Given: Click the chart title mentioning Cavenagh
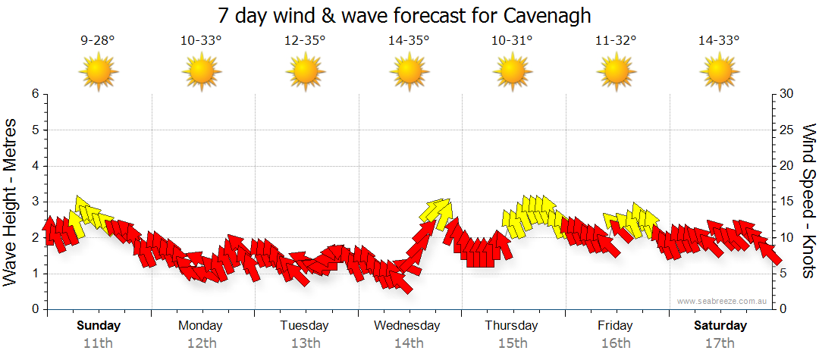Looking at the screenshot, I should point(404,15).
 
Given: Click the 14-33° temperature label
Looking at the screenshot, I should point(719,40).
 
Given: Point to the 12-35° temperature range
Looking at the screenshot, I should point(305,40).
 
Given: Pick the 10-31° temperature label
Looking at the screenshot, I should point(512,40).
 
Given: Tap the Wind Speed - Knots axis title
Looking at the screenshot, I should point(808,201).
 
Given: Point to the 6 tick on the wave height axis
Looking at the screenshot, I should point(35,94).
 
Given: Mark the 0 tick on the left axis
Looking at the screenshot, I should point(35,309).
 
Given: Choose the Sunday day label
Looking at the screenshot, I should point(99,326).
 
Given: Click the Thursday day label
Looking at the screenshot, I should point(512,326).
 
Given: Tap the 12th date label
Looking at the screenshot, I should point(201,343).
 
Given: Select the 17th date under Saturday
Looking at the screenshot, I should point(719,343).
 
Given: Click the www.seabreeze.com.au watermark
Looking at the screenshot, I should point(723,301).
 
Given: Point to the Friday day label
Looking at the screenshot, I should point(615,326).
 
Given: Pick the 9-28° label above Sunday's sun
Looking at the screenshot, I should point(98,40).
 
